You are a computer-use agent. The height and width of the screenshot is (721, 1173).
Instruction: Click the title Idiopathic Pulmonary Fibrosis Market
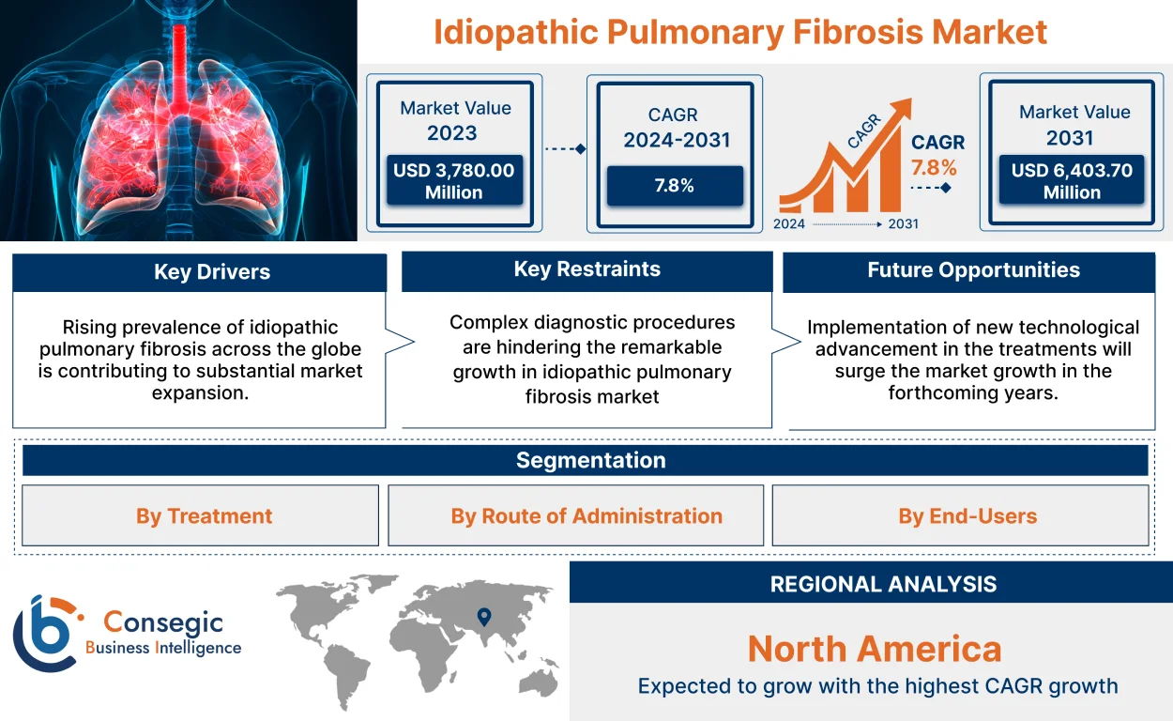739,32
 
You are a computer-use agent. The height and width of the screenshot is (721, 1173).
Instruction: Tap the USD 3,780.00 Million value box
454,181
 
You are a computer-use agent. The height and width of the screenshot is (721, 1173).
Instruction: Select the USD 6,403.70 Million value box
1072,181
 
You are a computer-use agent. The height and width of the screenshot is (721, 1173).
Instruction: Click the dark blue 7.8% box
674,186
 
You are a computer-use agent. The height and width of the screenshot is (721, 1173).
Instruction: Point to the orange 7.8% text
934,168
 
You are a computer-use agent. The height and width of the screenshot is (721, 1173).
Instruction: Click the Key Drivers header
200,272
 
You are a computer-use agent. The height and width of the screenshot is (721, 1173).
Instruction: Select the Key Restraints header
586,269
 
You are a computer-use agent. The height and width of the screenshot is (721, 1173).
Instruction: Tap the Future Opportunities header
972,270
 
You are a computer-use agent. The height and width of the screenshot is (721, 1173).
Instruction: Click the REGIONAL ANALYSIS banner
882,584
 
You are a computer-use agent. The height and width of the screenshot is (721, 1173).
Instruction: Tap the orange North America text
874,649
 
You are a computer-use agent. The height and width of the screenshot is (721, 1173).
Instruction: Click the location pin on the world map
483,617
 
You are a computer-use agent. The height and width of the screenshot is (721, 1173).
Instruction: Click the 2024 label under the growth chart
789,224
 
